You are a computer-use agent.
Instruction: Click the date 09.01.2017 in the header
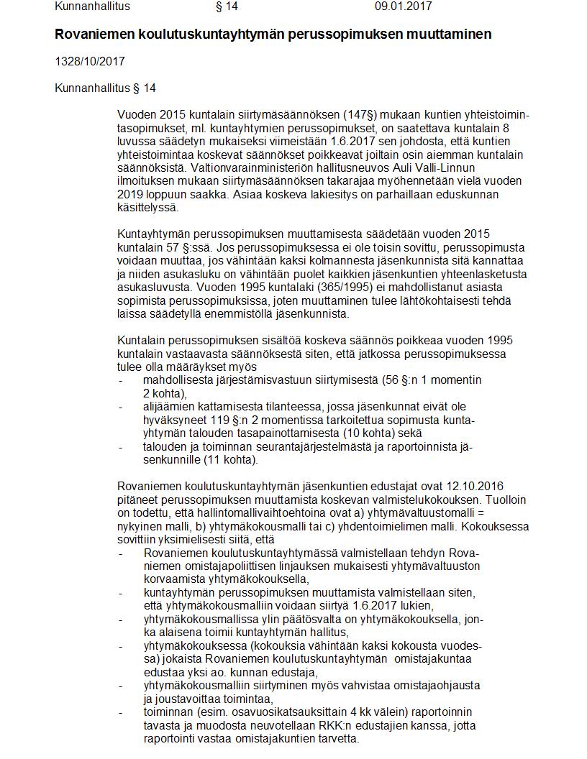(x=403, y=6)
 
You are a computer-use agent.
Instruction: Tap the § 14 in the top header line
(x=227, y=6)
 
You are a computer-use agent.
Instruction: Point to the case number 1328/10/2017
(x=90, y=62)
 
